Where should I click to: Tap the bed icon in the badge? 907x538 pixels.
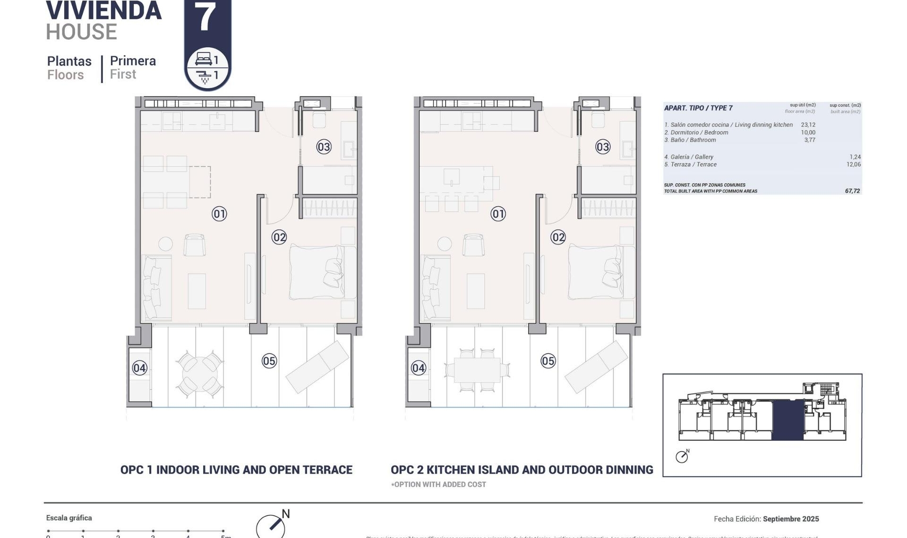pyautogui.click(x=204, y=59)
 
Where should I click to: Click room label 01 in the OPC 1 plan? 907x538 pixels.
pyautogui.click(x=219, y=214)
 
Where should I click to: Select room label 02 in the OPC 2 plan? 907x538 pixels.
pyautogui.click(x=558, y=237)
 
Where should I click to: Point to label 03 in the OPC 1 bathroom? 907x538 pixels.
pyautogui.click(x=324, y=147)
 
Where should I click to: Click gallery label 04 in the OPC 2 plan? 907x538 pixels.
pyautogui.click(x=419, y=368)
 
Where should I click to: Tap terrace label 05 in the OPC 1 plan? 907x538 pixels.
pyautogui.click(x=269, y=361)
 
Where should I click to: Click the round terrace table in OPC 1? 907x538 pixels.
pyautogui.click(x=199, y=374)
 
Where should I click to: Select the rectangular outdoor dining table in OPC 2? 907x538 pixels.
pyautogui.click(x=477, y=370)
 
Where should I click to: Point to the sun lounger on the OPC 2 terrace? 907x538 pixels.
pyautogui.click(x=596, y=367)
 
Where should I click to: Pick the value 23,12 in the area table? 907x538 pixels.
pyautogui.click(x=808, y=125)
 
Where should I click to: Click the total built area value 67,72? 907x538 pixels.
pyautogui.click(x=852, y=191)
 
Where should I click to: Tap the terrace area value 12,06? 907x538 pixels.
pyautogui.click(x=853, y=165)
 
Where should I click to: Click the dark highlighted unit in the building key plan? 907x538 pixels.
pyautogui.click(x=787, y=420)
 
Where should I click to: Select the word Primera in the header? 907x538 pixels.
pyautogui.click(x=133, y=61)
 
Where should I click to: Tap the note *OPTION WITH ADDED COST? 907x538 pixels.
pyautogui.click(x=438, y=484)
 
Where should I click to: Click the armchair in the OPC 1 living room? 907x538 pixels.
pyautogui.click(x=194, y=245)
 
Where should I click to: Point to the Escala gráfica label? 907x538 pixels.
pyautogui.click(x=69, y=518)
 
